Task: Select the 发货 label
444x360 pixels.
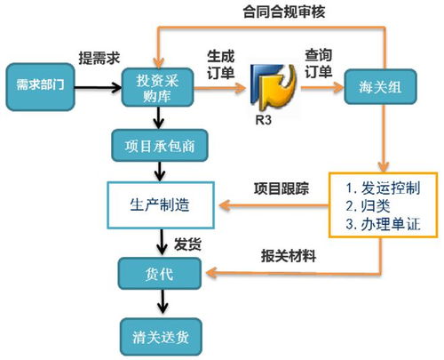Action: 186,242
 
